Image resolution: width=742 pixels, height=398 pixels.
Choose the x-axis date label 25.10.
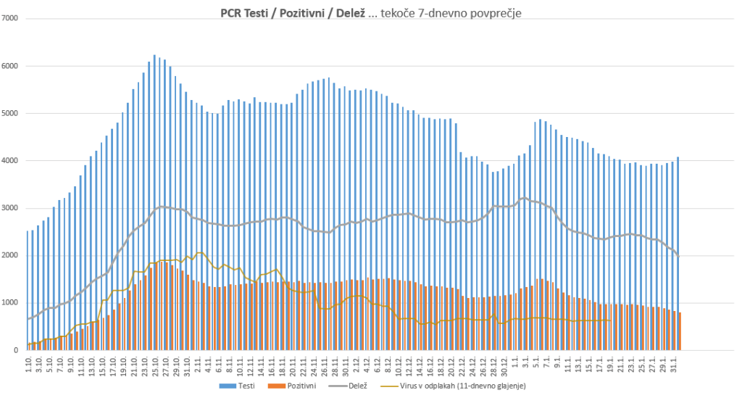pyautogui.click(x=155, y=362)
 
